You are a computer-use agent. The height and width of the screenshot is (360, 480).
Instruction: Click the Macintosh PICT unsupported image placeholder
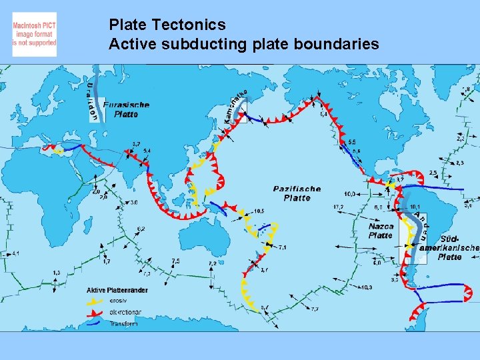(x=35, y=34)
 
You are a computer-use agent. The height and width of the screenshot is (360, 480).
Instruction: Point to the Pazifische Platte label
(x=297, y=193)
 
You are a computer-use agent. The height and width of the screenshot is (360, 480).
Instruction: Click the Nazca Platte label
(x=381, y=231)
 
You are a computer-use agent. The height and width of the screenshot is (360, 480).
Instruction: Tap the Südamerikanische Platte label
(x=450, y=247)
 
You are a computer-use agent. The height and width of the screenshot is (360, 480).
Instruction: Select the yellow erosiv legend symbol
(x=95, y=301)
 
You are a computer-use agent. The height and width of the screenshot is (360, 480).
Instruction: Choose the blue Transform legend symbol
(x=95, y=323)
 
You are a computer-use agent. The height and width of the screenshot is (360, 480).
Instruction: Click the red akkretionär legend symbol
(x=95, y=312)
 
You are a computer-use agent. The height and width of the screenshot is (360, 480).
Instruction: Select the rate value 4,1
(x=15, y=253)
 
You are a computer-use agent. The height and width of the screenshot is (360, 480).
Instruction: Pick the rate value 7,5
(x=175, y=261)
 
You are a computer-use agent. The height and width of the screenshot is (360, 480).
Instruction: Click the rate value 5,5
(x=351, y=143)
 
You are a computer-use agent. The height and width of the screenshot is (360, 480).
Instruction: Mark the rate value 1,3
(x=57, y=273)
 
